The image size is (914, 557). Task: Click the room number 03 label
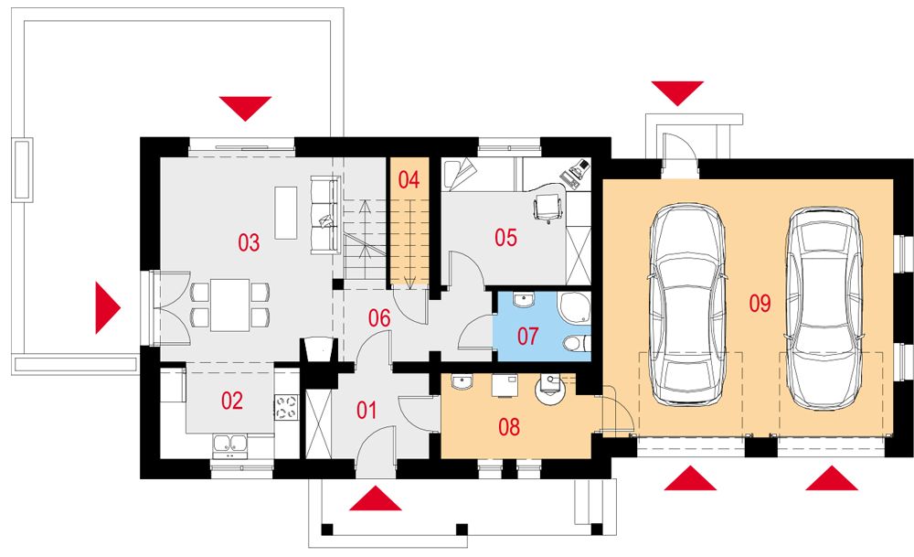tap(249, 242)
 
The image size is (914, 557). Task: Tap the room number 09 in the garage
tap(760, 304)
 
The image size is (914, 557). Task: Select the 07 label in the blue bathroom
tap(527, 336)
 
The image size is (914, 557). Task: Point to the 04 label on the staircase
tap(409, 179)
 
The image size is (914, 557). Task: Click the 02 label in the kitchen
tap(231, 401)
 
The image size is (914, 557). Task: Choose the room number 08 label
tap(509, 427)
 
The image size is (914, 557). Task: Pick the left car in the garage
tap(688, 305)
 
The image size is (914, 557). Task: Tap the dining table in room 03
tap(230, 305)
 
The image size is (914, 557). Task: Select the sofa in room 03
tap(325, 215)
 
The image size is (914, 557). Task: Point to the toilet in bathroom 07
tap(577, 344)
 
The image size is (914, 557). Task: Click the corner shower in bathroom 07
tap(574, 306)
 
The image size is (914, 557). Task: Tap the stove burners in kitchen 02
tap(285, 407)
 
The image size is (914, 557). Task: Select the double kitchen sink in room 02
tap(230, 444)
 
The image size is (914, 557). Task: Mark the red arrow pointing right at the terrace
tap(108, 308)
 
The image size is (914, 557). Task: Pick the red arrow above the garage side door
tap(677, 93)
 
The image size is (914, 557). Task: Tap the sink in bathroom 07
tap(524, 300)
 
